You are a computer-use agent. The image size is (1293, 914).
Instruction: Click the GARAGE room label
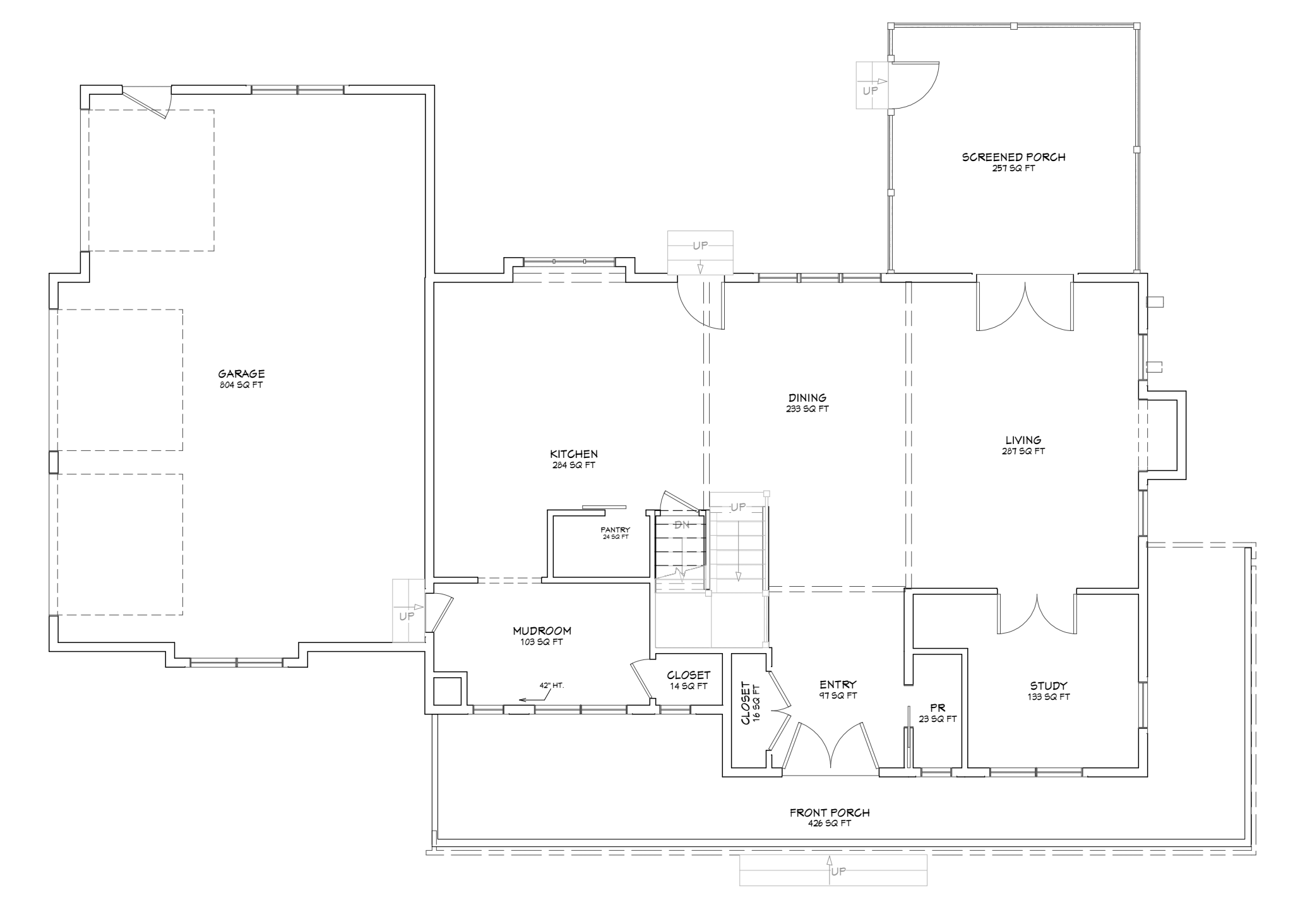(241, 374)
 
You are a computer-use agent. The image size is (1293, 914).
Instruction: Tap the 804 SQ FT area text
(241, 385)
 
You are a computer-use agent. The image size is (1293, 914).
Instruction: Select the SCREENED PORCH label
(1013, 157)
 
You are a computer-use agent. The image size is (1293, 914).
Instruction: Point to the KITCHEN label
(573, 454)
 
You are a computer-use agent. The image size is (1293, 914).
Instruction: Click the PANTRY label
(615, 530)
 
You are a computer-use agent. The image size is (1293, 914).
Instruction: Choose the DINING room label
(807, 398)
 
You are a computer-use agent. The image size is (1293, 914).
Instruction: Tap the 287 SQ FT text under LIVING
(1023, 452)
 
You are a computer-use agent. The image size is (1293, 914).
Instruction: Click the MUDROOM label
(542, 630)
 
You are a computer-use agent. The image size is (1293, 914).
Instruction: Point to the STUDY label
(1049, 686)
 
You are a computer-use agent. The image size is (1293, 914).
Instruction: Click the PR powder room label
(938, 708)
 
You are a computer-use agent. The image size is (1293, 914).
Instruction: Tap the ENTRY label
(838, 685)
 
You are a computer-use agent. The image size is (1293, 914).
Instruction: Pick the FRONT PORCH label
(830, 813)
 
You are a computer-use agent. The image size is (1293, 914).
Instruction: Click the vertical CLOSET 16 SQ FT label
(751, 703)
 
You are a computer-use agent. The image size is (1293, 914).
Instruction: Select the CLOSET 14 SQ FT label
(688, 680)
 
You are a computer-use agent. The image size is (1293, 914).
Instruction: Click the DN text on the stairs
(682, 525)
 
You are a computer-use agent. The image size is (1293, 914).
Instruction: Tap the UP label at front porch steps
(838, 872)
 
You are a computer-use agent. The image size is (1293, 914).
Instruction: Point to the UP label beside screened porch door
(870, 91)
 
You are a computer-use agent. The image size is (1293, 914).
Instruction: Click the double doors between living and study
(1037, 613)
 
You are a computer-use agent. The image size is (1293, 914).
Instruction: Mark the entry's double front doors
(831, 749)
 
